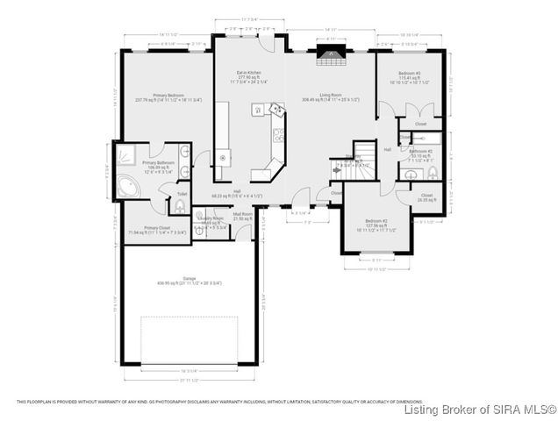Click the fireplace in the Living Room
pos(330,59)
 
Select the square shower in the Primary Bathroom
pos(127,153)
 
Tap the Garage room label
pos(189,280)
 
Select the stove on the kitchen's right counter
pos(278,135)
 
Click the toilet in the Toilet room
pos(181,207)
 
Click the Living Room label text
pos(330,95)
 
